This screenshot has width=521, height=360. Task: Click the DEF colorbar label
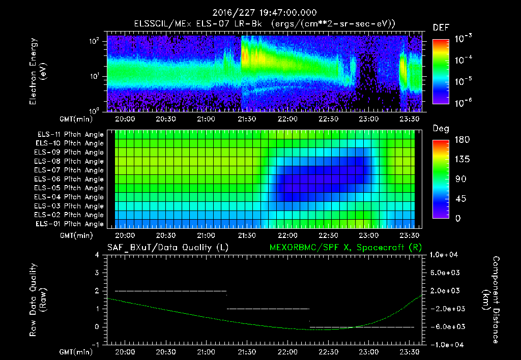click(440, 27)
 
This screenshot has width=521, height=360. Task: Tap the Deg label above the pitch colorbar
click(440, 129)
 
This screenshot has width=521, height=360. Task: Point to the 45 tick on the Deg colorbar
click(458, 199)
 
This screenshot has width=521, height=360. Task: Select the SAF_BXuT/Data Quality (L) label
click(167, 248)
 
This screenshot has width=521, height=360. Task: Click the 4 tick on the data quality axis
click(99, 255)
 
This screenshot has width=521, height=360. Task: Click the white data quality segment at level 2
click(170, 291)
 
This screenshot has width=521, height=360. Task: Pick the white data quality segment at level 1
click(268, 309)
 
